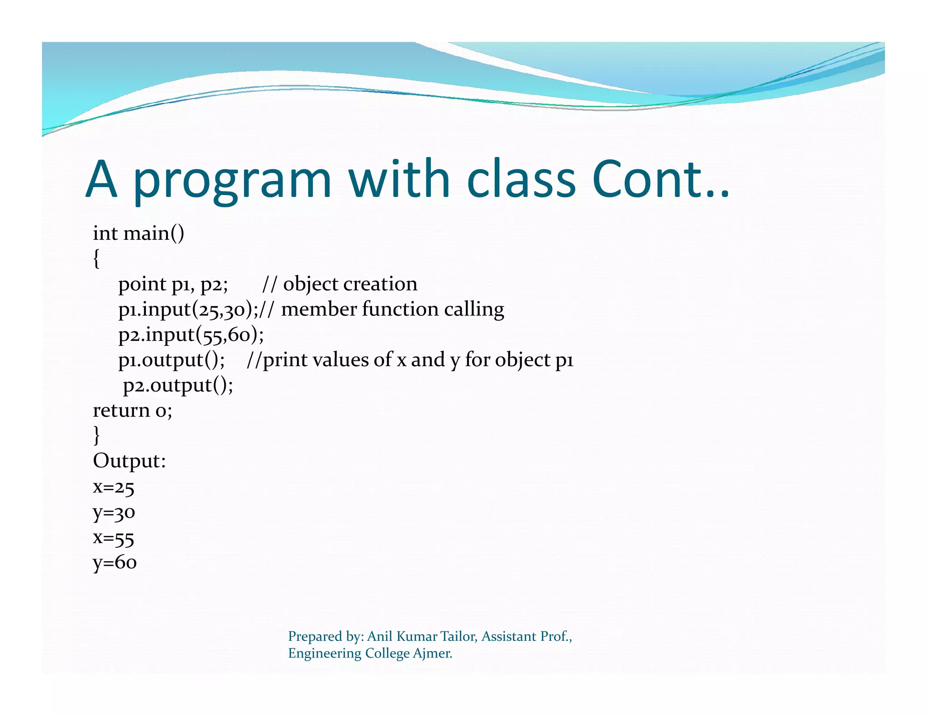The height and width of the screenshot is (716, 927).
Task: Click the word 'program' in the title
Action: point(232,181)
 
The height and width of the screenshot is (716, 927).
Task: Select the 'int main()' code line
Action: point(139,234)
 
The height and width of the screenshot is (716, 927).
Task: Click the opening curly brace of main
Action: point(96,259)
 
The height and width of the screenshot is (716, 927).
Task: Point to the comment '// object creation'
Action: point(339,284)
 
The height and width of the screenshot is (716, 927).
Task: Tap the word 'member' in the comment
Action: point(319,310)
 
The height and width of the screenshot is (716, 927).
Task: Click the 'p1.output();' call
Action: point(172,360)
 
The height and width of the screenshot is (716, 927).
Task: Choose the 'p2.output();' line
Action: point(178,386)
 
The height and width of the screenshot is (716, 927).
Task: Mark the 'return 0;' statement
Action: point(132,411)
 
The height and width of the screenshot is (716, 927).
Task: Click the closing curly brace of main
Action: point(96,435)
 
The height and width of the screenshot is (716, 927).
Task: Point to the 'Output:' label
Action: point(129,461)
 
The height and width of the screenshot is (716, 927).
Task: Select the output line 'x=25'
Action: point(114,487)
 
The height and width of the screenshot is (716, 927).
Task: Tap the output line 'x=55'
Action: point(114,538)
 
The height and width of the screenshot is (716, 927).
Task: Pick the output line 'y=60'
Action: point(115,563)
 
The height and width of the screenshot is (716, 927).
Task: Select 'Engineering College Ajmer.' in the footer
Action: point(370,654)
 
